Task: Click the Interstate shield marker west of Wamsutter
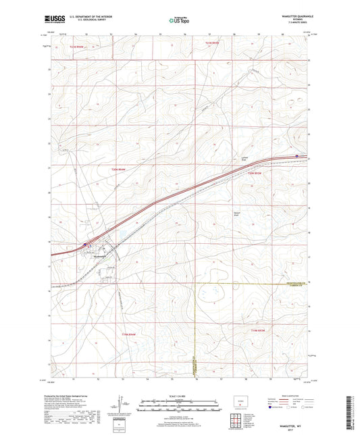click(x=84, y=244)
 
